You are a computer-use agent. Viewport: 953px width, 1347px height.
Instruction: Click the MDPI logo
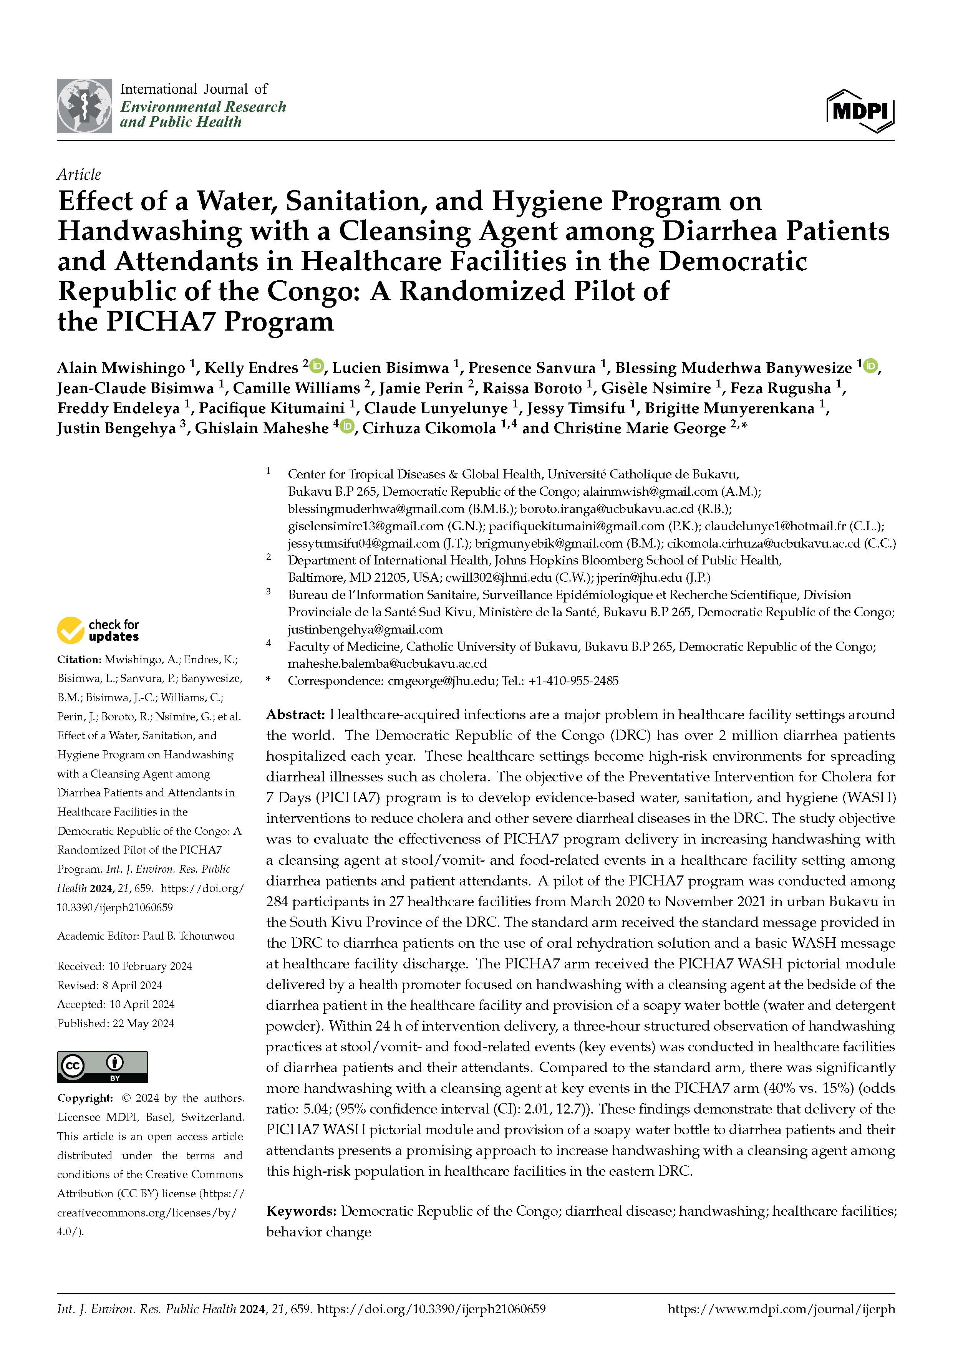click(x=860, y=110)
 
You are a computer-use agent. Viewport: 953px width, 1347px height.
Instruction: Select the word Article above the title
click(x=79, y=174)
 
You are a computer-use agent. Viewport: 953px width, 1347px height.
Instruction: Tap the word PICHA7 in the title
click(x=160, y=321)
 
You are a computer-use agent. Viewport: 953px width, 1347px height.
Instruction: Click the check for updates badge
click(x=98, y=630)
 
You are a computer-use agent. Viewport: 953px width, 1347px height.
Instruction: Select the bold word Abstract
click(x=295, y=715)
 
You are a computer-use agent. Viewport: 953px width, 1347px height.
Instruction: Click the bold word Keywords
click(x=301, y=1211)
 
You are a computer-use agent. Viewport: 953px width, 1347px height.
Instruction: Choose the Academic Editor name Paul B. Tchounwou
click(x=188, y=936)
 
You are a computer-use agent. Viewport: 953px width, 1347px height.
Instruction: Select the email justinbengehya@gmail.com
click(x=365, y=629)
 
